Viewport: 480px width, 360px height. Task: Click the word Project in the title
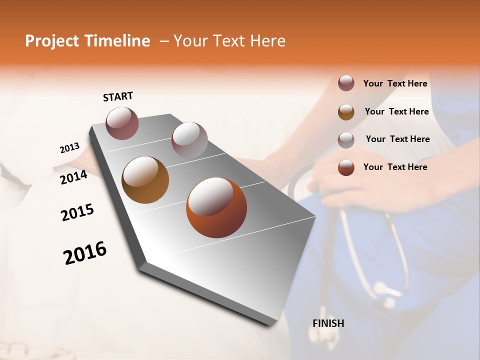(x=51, y=41)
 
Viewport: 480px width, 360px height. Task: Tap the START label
(x=118, y=96)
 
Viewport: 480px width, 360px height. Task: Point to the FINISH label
(x=328, y=323)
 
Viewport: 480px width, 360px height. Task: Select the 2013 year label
(x=70, y=148)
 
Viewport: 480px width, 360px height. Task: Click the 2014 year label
(x=74, y=177)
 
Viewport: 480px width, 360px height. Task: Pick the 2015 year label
(x=77, y=212)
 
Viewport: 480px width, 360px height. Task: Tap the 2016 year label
(x=85, y=253)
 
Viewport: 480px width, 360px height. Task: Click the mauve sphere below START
(x=122, y=123)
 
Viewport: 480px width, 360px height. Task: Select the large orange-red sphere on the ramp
(x=216, y=207)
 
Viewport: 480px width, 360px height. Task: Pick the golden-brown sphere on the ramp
(x=145, y=180)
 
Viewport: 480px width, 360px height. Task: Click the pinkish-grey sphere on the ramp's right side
(x=189, y=139)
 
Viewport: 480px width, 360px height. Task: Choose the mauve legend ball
(x=346, y=83)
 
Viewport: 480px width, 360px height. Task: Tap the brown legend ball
(x=346, y=112)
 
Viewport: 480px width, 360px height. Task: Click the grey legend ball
(x=346, y=140)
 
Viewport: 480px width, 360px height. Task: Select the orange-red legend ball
(x=346, y=167)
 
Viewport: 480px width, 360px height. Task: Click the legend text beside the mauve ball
(x=395, y=83)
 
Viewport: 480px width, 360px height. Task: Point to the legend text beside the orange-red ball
(x=395, y=167)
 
